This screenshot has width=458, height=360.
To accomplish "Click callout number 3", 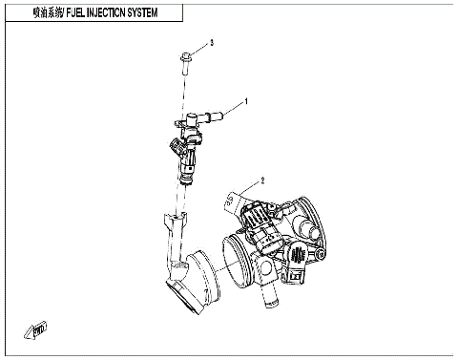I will click(x=212, y=43).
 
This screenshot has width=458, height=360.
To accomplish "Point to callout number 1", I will click(x=246, y=99).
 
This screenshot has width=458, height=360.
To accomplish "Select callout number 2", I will click(x=260, y=180).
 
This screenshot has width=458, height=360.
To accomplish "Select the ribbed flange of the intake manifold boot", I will click(x=200, y=277).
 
